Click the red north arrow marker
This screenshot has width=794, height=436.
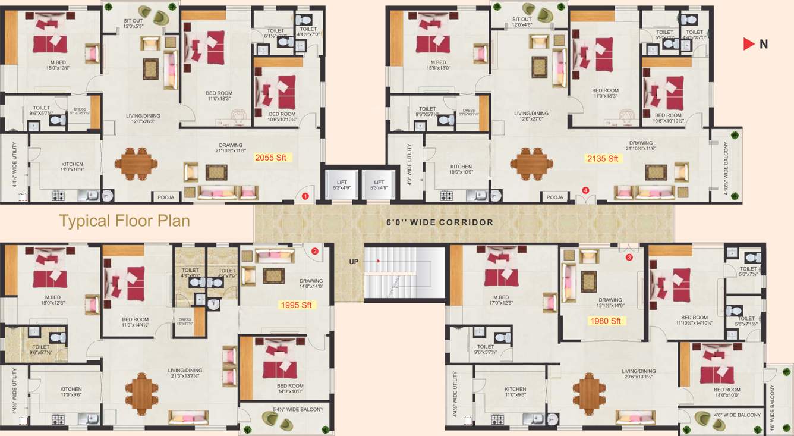tap(748, 44)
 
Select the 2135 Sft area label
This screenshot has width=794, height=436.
tap(603, 158)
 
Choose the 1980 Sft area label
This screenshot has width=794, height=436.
tap(605, 321)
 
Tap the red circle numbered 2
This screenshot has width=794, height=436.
tap(315, 251)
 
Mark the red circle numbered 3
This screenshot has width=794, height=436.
tap(629, 257)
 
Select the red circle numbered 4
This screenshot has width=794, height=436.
tap(585, 190)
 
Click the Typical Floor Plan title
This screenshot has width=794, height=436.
tap(124, 221)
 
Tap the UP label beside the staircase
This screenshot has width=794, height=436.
tap(354, 261)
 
